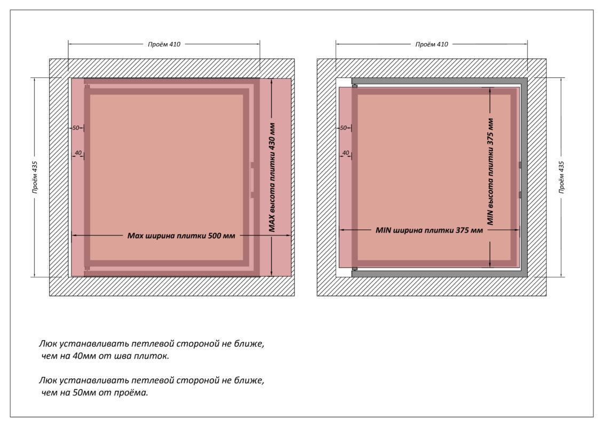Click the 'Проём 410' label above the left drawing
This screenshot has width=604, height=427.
pyautogui.click(x=164, y=44)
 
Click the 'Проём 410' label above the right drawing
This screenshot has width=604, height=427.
pyautogui.click(x=432, y=44)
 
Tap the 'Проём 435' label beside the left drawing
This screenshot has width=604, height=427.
pyautogui.click(x=35, y=177)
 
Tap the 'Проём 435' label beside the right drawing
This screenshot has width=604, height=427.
pyautogui.click(x=561, y=177)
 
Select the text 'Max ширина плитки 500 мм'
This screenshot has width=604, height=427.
pyautogui.click(x=181, y=235)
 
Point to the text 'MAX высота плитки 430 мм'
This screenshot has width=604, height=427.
pyautogui.click(x=272, y=177)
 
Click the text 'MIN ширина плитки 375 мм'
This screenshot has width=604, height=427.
pyautogui.click(x=429, y=230)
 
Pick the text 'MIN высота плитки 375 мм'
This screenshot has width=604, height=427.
pyautogui.click(x=490, y=171)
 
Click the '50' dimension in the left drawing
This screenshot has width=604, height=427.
pyautogui.click(x=76, y=128)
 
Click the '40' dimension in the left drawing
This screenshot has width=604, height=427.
pyautogui.click(x=78, y=153)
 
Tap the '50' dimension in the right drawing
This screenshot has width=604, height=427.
pyautogui.click(x=343, y=128)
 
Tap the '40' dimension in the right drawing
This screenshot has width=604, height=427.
pyautogui.click(x=346, y=153)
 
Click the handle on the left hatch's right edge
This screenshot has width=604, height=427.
pyautogui.click(x=252, y=180)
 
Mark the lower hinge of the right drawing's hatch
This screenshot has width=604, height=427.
pyautogui.click(x=354, y=268)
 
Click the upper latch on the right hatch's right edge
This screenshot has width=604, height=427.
pyautogui.click(x=520, y=165)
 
